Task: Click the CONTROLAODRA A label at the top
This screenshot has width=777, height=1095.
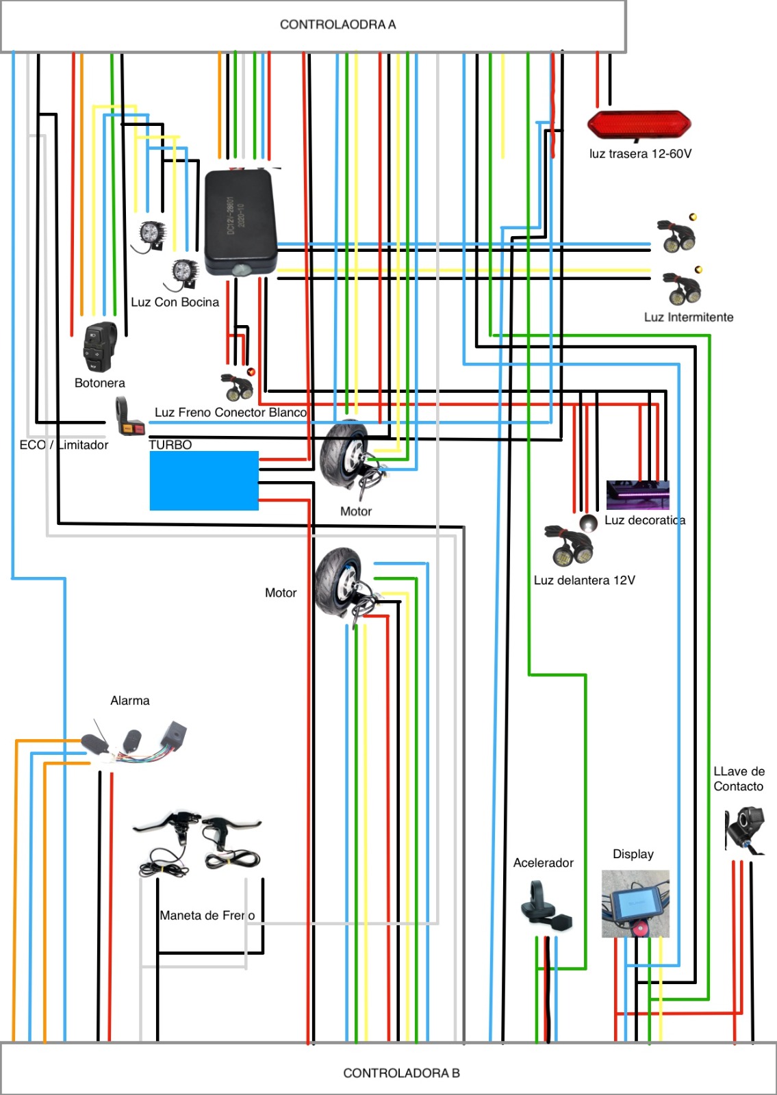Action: [337, 25]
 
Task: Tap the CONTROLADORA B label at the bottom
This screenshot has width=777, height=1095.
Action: [401, 1073]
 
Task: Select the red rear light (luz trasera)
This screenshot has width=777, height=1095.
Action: [639, 125]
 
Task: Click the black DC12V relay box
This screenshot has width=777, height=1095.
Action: [240, 221]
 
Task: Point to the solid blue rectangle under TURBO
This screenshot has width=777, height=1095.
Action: [204, 480]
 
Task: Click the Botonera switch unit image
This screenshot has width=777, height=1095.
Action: [100, 348]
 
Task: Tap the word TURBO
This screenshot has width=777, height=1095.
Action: [170, 445]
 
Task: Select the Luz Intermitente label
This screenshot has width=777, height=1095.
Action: [688, 318]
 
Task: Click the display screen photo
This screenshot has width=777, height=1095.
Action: [635, 904]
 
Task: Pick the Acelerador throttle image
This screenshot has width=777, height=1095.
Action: [545, 907]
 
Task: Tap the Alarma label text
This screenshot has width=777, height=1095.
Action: [130, 701]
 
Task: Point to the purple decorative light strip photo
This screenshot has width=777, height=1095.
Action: [637, 494]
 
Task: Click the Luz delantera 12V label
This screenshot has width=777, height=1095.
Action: [584, 580]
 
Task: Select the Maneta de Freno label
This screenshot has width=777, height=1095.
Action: [207, 916]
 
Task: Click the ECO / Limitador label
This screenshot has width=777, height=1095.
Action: [64, 445]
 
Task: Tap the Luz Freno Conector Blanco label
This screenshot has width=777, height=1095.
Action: [230, 413]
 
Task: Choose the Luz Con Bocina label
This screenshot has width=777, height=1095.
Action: [175, 302]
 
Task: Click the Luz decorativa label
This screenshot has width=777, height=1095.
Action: [644, 520]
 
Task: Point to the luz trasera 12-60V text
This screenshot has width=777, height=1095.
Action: [640, 154]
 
